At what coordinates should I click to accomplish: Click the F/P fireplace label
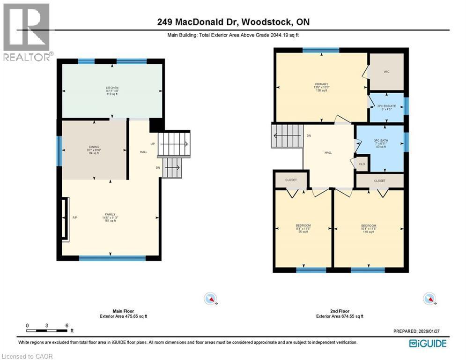pos(74,217)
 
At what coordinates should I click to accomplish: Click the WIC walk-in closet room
pos(386,72)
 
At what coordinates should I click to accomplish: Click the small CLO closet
pos(362,164)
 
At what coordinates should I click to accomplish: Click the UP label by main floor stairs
pos(153,143)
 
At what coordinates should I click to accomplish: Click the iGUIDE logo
pos(427,344)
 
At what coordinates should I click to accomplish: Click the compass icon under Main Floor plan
pos(211,298)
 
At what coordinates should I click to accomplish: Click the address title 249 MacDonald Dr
pos(232,22)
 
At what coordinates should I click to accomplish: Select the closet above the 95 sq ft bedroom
pos(290,180)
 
